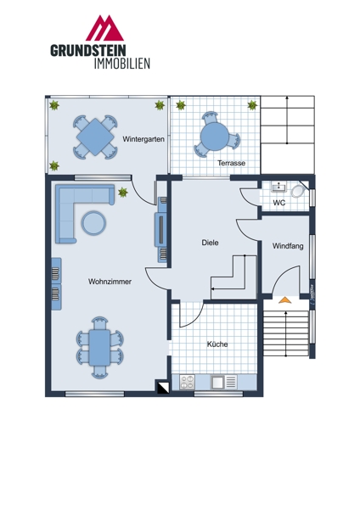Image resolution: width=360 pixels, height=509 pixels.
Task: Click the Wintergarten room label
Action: [x=143, y=139]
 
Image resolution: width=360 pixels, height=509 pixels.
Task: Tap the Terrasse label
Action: [x=231, y=163]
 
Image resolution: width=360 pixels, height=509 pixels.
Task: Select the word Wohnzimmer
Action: [x=110, y=282]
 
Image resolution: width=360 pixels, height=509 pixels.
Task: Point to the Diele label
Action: [x=210, y=243]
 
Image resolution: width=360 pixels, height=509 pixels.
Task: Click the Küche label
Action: [x=217, y=344]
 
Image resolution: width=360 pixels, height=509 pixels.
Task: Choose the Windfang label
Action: [x=288, y=246]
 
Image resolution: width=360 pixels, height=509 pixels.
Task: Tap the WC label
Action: [x=279, y=203]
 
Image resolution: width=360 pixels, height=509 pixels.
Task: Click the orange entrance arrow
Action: [x=285, y=300]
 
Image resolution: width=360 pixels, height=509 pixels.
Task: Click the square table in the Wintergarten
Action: [x=96, y=137]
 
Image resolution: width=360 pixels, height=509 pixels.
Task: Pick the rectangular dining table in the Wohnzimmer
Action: [x=99, y=347]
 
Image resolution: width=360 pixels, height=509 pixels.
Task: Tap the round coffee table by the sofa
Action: [x=93, y=222]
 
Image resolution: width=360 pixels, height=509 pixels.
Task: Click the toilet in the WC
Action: [x=297, y=191]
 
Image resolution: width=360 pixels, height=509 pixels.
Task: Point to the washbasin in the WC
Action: [x=278, y=187]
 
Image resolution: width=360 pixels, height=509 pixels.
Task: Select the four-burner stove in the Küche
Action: [x=187, y=382]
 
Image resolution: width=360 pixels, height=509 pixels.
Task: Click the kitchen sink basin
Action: [x=217, y=382]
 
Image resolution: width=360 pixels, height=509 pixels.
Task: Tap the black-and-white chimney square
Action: [x=163, y=387]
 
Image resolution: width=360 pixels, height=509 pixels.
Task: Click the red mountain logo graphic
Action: [x=104, y=28]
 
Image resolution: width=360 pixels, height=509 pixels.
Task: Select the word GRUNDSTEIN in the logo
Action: [x=88, y=51]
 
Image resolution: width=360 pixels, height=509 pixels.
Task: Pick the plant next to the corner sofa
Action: [x=122, y=193]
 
